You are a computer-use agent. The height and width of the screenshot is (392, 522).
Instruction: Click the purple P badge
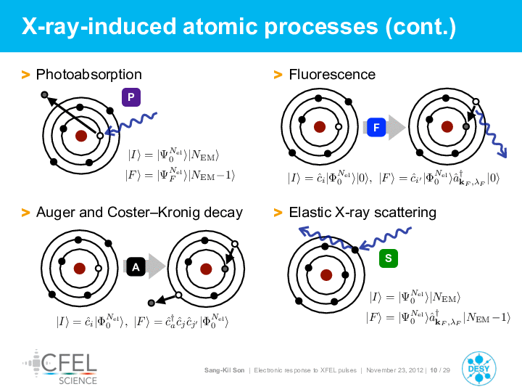[131, 97]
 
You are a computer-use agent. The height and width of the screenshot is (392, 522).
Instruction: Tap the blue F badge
[376, 127]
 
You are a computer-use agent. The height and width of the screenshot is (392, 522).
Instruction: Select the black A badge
[136, 266]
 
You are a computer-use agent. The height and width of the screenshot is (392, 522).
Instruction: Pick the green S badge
[389, 258]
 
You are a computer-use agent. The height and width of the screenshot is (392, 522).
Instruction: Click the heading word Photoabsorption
[89, 75]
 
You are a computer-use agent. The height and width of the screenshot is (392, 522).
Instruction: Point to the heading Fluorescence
[332, 74]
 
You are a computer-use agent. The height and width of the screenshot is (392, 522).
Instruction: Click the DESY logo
[479, 369]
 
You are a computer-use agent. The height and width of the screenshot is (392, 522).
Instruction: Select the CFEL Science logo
[60, 367]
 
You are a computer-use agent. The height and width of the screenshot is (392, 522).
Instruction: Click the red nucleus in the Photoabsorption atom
[81, 136]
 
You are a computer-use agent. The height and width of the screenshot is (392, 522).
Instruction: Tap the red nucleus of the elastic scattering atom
[326, 275]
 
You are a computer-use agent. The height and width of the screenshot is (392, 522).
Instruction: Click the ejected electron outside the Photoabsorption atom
[45, 95]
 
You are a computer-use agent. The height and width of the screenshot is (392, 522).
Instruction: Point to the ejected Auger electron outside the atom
[152, 303]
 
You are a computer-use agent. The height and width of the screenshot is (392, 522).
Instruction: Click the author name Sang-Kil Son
[224, 370]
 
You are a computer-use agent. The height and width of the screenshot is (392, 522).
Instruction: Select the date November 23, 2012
[395, 370]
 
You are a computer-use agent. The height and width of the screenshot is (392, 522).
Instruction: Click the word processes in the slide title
[321, 27]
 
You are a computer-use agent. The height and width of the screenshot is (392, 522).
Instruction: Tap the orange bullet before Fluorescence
[278, 75]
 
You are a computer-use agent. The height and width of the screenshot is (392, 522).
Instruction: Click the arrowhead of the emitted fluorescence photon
[502, 154]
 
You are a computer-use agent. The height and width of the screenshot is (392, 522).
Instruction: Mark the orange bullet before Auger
[25, 212]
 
